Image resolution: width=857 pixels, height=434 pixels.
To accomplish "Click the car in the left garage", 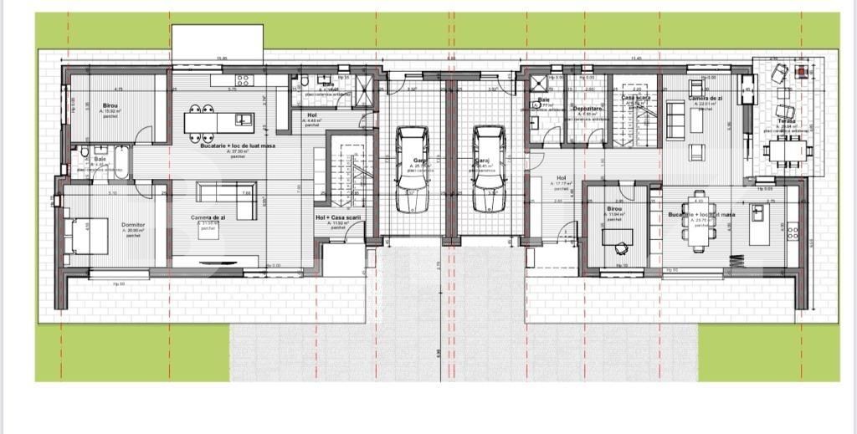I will [412, 169].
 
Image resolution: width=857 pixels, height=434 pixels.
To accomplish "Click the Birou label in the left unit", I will [111, 105].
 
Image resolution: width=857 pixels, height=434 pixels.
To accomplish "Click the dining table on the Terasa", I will [788, 151].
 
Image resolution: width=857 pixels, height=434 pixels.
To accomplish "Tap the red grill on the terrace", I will [803, 71].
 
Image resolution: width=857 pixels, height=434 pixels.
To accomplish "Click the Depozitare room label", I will [586, 109].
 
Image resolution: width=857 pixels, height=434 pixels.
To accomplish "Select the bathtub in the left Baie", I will [121, 158].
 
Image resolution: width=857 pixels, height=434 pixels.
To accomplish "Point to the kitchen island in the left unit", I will [219, 122].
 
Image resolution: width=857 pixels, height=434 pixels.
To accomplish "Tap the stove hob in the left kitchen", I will [244, 81].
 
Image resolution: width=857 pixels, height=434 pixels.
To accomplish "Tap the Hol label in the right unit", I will [562, 177].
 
